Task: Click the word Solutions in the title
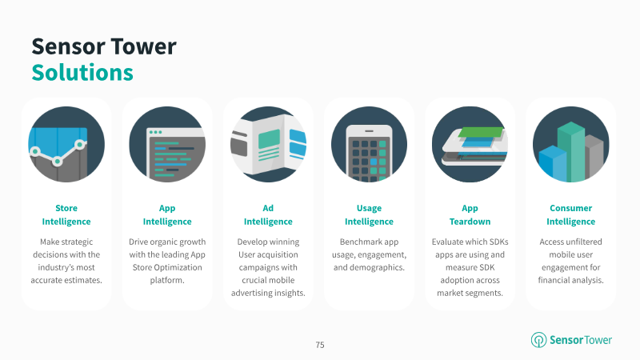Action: (82, 73)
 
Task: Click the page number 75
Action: (320, 345)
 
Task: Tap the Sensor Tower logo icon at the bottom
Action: (538, 339)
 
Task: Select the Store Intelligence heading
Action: (66, 214)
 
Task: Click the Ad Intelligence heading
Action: (268, 214)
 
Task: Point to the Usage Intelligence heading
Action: (369, 214)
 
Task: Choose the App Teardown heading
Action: (470, 214)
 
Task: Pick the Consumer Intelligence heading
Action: (570, 214)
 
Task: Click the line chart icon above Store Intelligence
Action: (66, 145)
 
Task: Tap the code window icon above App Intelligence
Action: (167, 145)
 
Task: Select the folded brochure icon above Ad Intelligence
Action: (268, 145)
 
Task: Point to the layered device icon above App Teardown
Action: (470, 145)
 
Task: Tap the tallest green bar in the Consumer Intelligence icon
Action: (571, 152)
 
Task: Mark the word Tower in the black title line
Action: (143, 46)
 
